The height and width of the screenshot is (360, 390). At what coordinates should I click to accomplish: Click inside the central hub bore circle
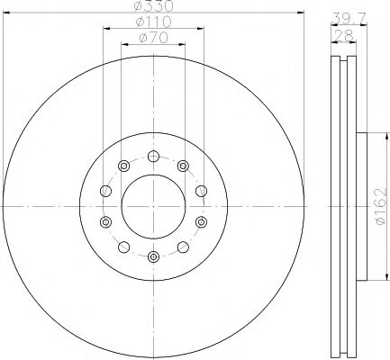[x=152, y=206]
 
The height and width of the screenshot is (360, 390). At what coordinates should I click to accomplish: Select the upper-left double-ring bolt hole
[x=122, y=165]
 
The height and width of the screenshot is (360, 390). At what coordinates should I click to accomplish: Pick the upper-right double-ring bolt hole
[x=183, y=165]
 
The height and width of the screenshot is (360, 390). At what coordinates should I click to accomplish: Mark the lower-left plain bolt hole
[x=122, y=247]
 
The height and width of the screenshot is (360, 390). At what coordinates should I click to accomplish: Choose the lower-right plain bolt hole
[x=183, y=247]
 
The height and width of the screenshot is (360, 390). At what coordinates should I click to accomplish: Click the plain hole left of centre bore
[x=104, y=191]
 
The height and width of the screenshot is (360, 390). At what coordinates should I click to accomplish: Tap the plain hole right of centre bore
[x=200, y=191]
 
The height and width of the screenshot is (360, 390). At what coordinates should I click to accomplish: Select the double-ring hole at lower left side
[x=104, y=221]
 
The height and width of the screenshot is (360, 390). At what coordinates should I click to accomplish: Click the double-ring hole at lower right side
[x=200, y=221]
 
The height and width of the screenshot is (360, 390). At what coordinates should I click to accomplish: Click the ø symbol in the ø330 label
[x=140, y=6]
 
